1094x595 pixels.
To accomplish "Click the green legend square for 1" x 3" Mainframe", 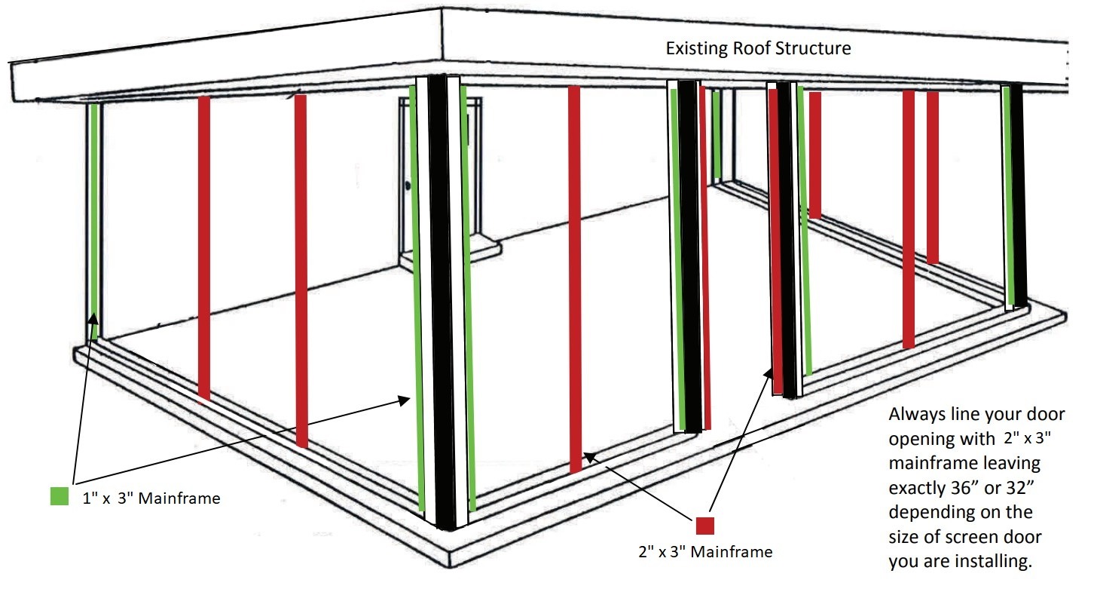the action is (x=60, y=495).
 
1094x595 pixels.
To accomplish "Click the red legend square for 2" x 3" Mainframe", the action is (x=704, y=526).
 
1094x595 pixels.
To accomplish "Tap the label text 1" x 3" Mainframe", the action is (x=151, y=498).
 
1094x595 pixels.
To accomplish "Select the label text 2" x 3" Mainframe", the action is (x=705, y=551).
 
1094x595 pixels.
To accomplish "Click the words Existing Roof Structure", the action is (x=759, y=48).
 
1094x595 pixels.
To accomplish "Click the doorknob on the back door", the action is (x=408, y=186).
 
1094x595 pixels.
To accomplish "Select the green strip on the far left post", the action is (x=93, y=221).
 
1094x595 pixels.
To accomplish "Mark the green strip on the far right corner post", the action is (x=1008, y=195).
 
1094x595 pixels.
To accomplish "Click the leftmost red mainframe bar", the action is (x=204, y=248).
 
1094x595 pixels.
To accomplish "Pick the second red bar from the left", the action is (x=301, y=271).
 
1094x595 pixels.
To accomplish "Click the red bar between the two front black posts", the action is (x=575, y=279).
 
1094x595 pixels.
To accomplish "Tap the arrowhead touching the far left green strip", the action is (x=93, y=320).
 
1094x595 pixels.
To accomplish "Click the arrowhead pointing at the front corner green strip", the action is (x=405, y=400).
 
